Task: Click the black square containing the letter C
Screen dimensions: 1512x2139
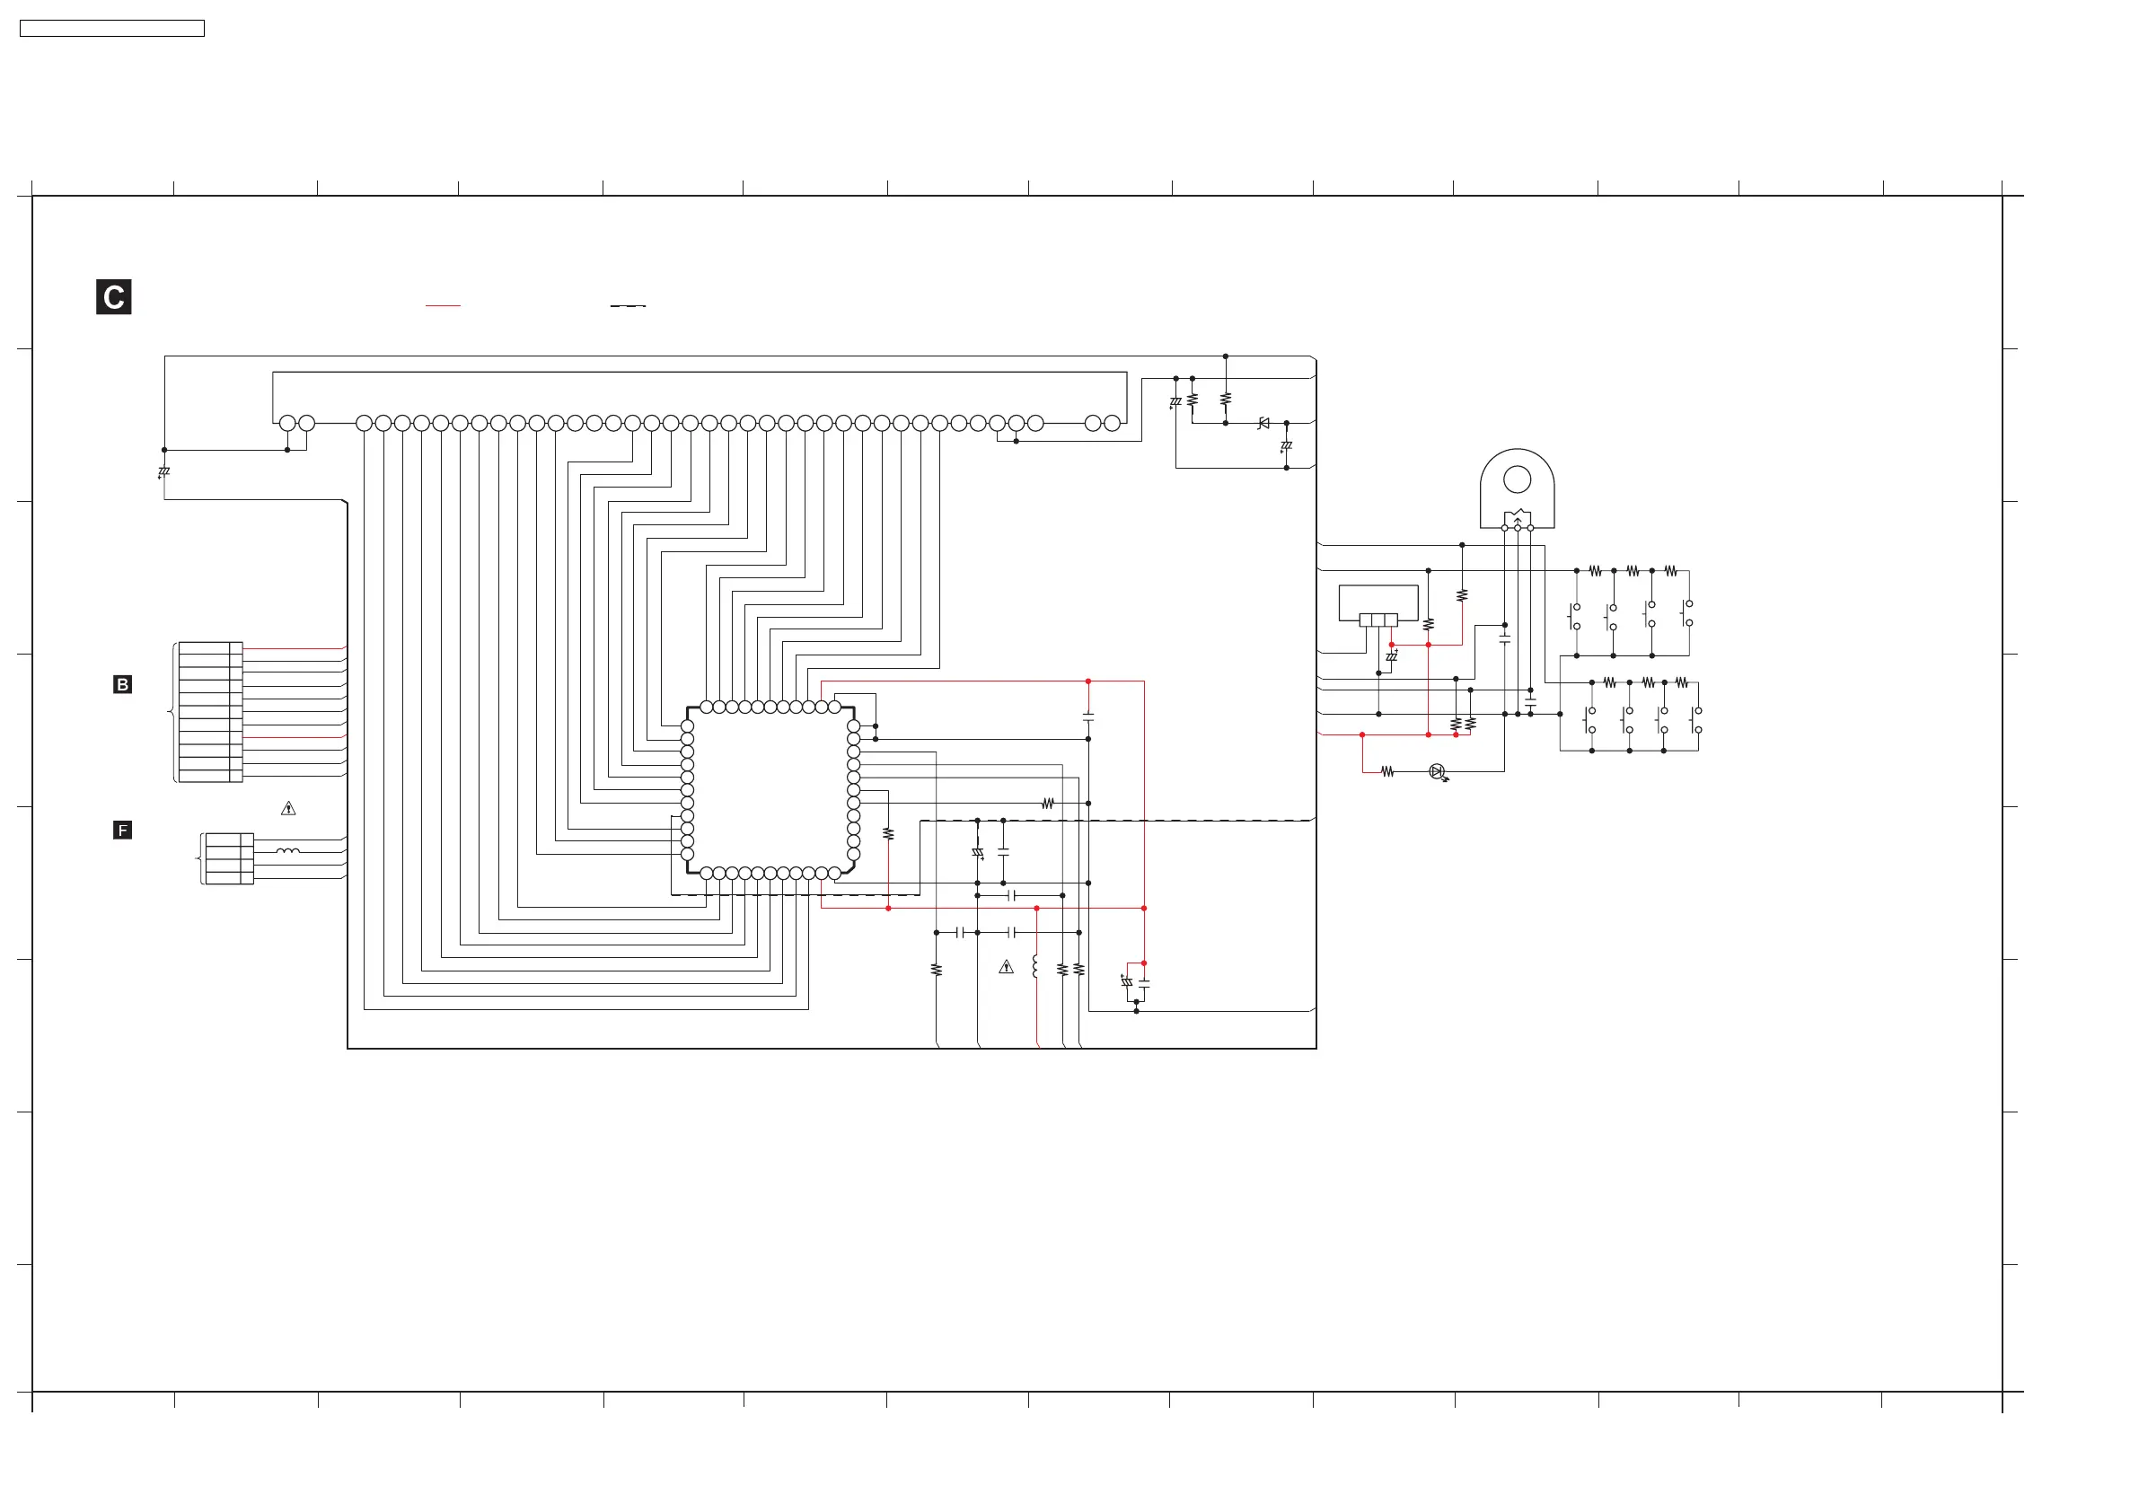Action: pyautogui.click(x=114, y=297)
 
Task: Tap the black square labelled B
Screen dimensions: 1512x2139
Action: pyautogui.click(x=122, y=685)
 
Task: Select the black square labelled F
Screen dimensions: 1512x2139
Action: pyautogui.click(x=122, y=830)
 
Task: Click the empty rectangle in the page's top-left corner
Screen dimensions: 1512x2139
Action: pyautogui.click(x=111, y=29)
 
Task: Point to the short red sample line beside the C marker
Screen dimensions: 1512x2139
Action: pyautogui.click(x=443, y=305)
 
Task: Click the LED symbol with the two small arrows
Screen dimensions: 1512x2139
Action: pyautogui.click(x=1437, y=771)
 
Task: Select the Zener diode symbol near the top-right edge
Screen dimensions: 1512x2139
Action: pyautogui.click(x=1263, y=423)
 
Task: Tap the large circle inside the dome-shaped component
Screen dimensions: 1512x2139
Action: pyautogui.click(x=1517, y=479)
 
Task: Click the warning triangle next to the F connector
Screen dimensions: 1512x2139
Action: pyautogui.click(x=289, y=809)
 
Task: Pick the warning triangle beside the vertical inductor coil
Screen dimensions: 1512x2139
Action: pyautogui.click(x=1006, y=967)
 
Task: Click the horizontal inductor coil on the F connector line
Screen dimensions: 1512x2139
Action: pyautogui.click(x=288, y=851)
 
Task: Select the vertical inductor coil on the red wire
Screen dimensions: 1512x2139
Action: pyautogui.click(x=1036, y=967)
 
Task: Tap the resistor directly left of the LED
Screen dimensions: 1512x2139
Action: pyautogui.click(x=1387, y=771)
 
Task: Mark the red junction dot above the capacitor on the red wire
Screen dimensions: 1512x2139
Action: pyautogui.click(x=1088, y=681)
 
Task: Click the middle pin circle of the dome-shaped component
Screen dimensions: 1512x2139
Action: pyautogui.click(x=1518, y=528)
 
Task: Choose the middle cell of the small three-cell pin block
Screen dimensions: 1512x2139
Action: pyautogui.click(x=1378, y=620)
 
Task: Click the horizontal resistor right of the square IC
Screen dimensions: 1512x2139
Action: pyautogui.click(x=1048, y=803)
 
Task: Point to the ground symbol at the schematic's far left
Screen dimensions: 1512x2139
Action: pyautogui.click(x=164, y=472)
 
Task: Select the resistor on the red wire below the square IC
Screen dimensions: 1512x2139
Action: pyautogui.click(x=888, y=835)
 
